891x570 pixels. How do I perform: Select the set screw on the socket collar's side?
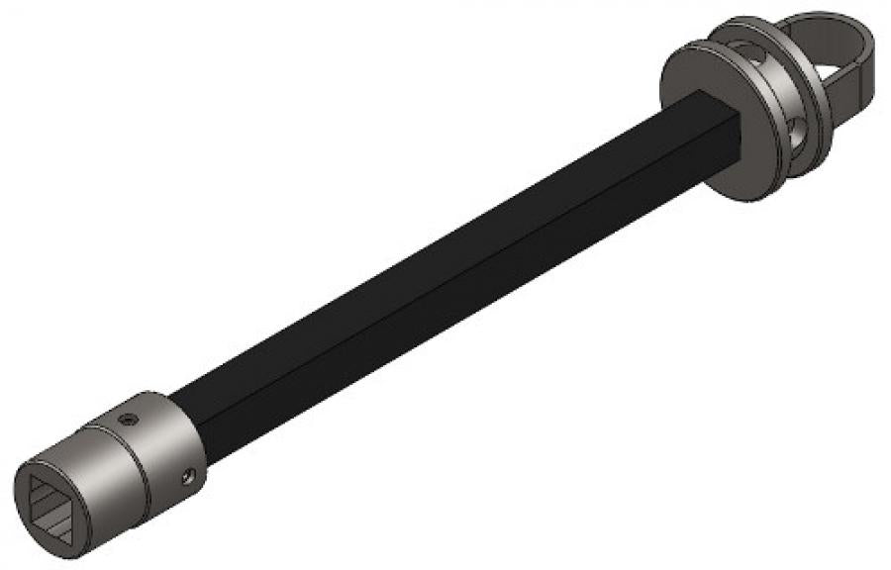pyautogui.click(x=185, y=479)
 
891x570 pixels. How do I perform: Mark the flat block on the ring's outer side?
pyautogui.click(x=857, y=94)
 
